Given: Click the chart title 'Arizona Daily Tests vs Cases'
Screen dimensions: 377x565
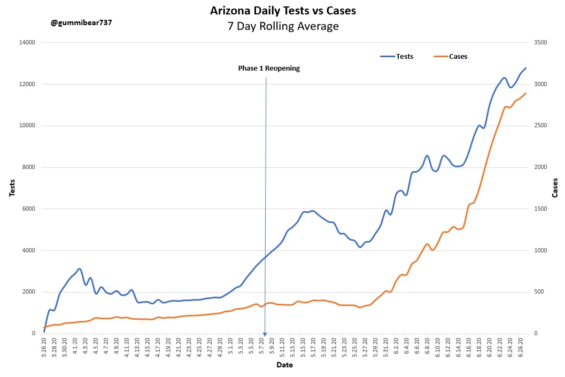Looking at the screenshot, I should [x=283, y=11].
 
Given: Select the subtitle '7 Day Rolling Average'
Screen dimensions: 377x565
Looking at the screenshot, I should [x=283, y=26].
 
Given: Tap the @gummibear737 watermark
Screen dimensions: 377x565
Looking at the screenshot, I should [x=82, y=23].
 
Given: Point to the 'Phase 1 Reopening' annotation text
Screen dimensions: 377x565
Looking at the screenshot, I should [x=269, y=68].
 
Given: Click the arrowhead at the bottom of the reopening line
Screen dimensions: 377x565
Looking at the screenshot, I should [x=265, y=334].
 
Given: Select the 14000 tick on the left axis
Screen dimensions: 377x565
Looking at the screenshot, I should [x=27, y=43].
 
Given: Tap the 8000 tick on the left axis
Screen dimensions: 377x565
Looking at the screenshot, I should [x=28, y=167].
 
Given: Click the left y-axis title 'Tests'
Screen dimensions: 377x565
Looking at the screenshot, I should [x=12, y=188].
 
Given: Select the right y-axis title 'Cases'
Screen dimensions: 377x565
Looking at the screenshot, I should [x=555, y=188].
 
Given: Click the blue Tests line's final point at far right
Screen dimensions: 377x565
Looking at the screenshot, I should [x=526, y=68].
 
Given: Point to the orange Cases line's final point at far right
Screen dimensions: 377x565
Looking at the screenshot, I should [x=526, y=93].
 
